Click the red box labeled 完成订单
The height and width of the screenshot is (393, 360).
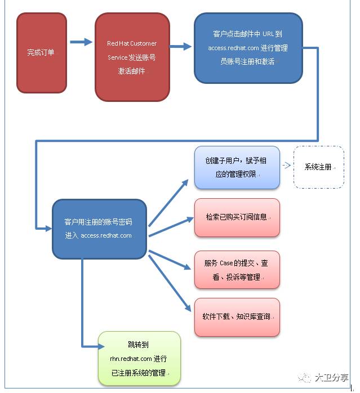pyautogui.click(x=42, y=53)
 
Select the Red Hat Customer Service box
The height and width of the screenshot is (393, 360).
pyautogui.click(x=132, y=57)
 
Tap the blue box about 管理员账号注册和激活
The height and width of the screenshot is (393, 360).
pyautogui.click(x=248, y=48)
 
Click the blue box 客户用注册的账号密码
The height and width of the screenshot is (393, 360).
pyautogui.click(x=99, y=229)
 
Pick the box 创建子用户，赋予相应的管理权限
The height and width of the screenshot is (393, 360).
pyautogui.click(x=237, y=167)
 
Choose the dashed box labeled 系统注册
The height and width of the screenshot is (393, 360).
pyautogui.click(x=318, y=167)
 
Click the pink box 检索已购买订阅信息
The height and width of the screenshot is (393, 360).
pyautogui.click(x=237, y=217)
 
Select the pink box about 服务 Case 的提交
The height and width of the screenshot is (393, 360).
pyautogui.click(x=237, y=270)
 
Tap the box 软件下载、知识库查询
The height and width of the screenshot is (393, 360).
pyautogui.click(x=237, y=317)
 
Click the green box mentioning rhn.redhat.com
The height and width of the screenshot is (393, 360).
pyautogui.click(x=139, y=358)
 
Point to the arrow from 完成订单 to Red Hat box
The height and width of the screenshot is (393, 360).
pyautogui.click(x=81, y=42)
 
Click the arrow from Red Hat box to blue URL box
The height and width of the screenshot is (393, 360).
pyautogui.click(x=181, y=46)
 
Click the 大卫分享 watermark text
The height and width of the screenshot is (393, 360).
pyautogui.click(x=331, y=378)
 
